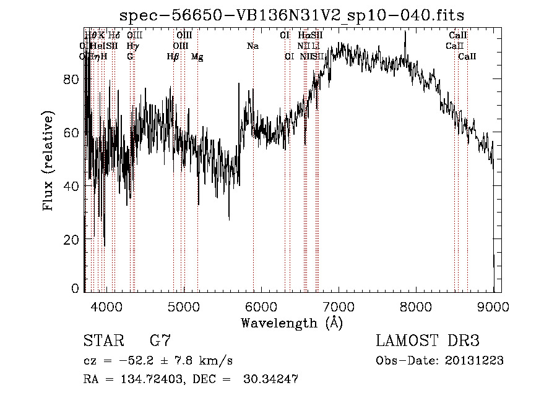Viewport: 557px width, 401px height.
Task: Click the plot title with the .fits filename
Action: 291,15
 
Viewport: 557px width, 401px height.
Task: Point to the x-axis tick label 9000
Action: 493,305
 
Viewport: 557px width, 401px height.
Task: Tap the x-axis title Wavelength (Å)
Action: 291,323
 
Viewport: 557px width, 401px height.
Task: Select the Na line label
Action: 253,46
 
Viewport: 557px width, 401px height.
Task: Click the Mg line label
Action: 197,57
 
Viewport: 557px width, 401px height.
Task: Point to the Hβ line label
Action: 173,57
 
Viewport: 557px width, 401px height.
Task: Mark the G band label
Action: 130,57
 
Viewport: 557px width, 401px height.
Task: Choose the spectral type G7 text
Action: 160,340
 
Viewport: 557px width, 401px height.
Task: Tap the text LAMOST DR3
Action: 428,340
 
